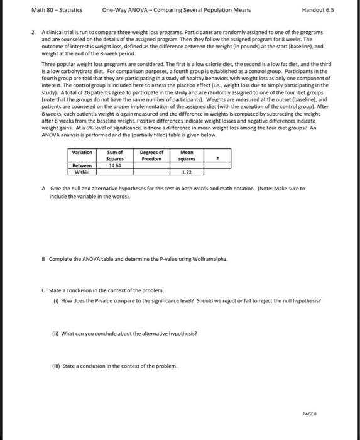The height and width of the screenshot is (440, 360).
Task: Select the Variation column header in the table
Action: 82,152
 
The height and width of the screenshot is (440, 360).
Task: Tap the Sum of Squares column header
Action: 115,155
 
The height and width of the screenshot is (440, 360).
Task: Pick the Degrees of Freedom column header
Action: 151,155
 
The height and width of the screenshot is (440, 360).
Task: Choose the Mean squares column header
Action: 187,155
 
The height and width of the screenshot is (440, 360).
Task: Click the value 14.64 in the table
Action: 114,165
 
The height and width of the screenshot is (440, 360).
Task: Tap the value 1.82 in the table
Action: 187,172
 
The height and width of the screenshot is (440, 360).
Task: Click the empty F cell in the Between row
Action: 217,165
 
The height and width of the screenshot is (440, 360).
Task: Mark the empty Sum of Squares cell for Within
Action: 115,172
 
